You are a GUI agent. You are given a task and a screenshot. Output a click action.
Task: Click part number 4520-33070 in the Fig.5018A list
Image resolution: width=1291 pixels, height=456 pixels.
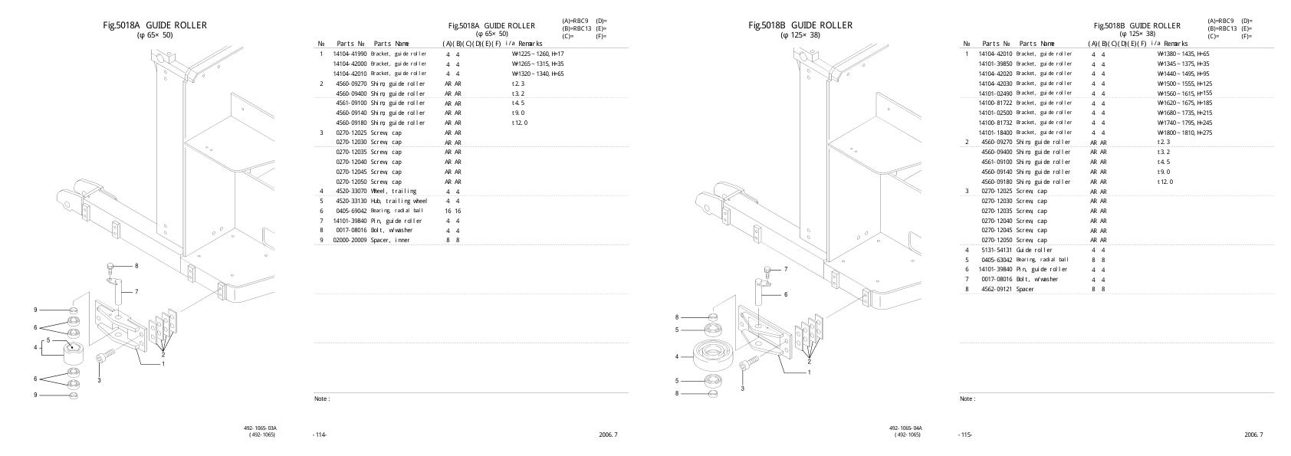coord(350,191)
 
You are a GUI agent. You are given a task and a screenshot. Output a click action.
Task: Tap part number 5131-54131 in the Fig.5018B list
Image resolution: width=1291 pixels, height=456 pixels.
coord(997,250)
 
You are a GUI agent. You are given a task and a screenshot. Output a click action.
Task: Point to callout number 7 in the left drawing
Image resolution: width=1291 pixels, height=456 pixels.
coord(136,291)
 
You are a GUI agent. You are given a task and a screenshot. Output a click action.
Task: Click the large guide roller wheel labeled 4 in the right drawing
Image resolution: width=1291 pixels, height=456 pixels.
coord(714,356)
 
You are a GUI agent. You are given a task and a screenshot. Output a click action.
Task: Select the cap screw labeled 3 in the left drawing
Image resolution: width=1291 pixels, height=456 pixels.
coord(105,357)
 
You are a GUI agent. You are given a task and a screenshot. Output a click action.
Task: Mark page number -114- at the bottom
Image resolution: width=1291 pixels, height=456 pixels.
coord(320,435)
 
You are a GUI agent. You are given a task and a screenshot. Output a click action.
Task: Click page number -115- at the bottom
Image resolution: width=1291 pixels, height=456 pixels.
coord(965,435)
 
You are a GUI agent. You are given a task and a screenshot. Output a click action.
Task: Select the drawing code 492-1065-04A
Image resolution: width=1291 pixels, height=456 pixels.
coord(905,428)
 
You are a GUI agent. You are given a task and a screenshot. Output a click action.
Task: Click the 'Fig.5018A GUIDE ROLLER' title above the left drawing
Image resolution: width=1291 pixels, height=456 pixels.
coord(155,25)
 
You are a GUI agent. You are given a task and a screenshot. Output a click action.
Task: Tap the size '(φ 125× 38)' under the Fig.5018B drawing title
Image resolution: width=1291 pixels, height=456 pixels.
coord(800,35)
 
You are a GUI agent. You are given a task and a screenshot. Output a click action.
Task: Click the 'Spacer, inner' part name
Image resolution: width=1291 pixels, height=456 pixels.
coord(390,240)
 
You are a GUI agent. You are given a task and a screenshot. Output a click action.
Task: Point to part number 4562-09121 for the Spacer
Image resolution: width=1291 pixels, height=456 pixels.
coord(997,289)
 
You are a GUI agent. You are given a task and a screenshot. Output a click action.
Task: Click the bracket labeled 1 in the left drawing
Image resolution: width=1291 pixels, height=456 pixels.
coord(123,337)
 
